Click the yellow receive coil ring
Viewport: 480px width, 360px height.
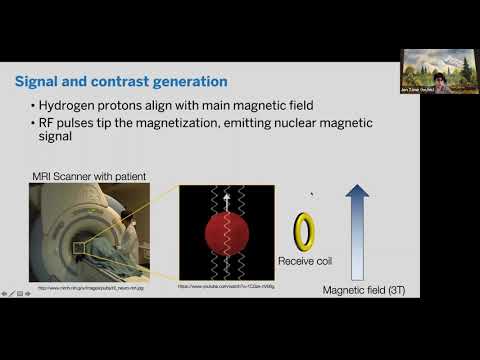point(304,231)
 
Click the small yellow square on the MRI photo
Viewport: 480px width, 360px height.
point(79,247)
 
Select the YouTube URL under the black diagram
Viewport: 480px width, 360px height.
point(226,287)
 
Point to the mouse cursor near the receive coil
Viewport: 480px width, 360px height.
point(311,195)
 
